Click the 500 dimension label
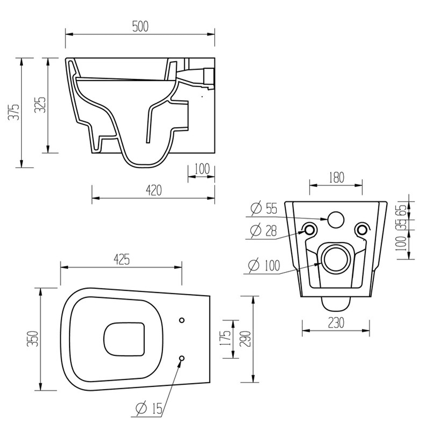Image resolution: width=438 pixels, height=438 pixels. click(x=140, y=27)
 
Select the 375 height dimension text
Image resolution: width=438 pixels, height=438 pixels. click(x=14, y=112)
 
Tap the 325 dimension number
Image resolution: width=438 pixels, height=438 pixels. click(x=40, y=105)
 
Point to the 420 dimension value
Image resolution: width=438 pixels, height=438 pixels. click(x=154, y=191)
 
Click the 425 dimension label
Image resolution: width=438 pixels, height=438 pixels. click(x=122, y=260)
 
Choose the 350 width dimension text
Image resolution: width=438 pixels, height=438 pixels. click(x=32, y=339)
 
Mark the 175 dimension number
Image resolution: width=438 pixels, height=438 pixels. click(x=226, y=338)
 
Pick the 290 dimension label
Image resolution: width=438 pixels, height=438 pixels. click(x=245, y=339)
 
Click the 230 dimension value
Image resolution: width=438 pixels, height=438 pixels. click(x=336, y=323)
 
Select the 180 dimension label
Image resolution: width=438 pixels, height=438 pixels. click(x=336, y=178)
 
